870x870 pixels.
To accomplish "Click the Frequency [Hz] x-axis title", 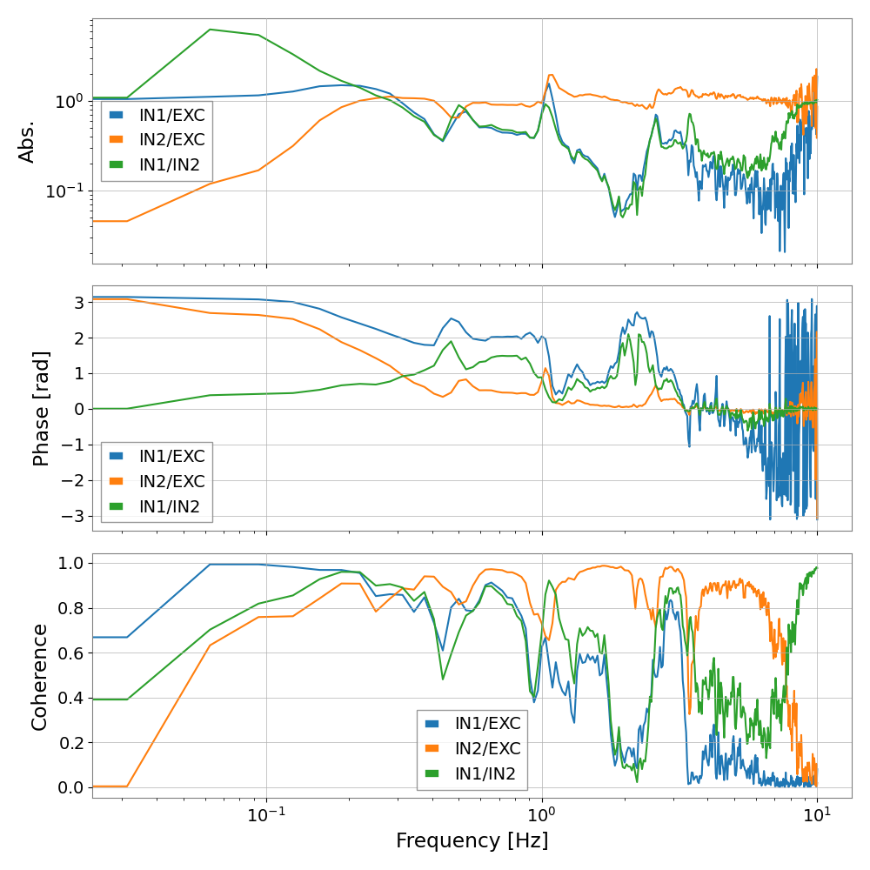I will click(472, 841).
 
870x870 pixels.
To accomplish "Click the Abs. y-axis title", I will click(28, 142).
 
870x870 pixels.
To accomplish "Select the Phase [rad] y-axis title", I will click(42, 408).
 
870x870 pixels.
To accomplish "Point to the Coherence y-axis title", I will click(40, 675).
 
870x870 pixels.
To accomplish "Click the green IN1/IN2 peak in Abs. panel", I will click(210, 30).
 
